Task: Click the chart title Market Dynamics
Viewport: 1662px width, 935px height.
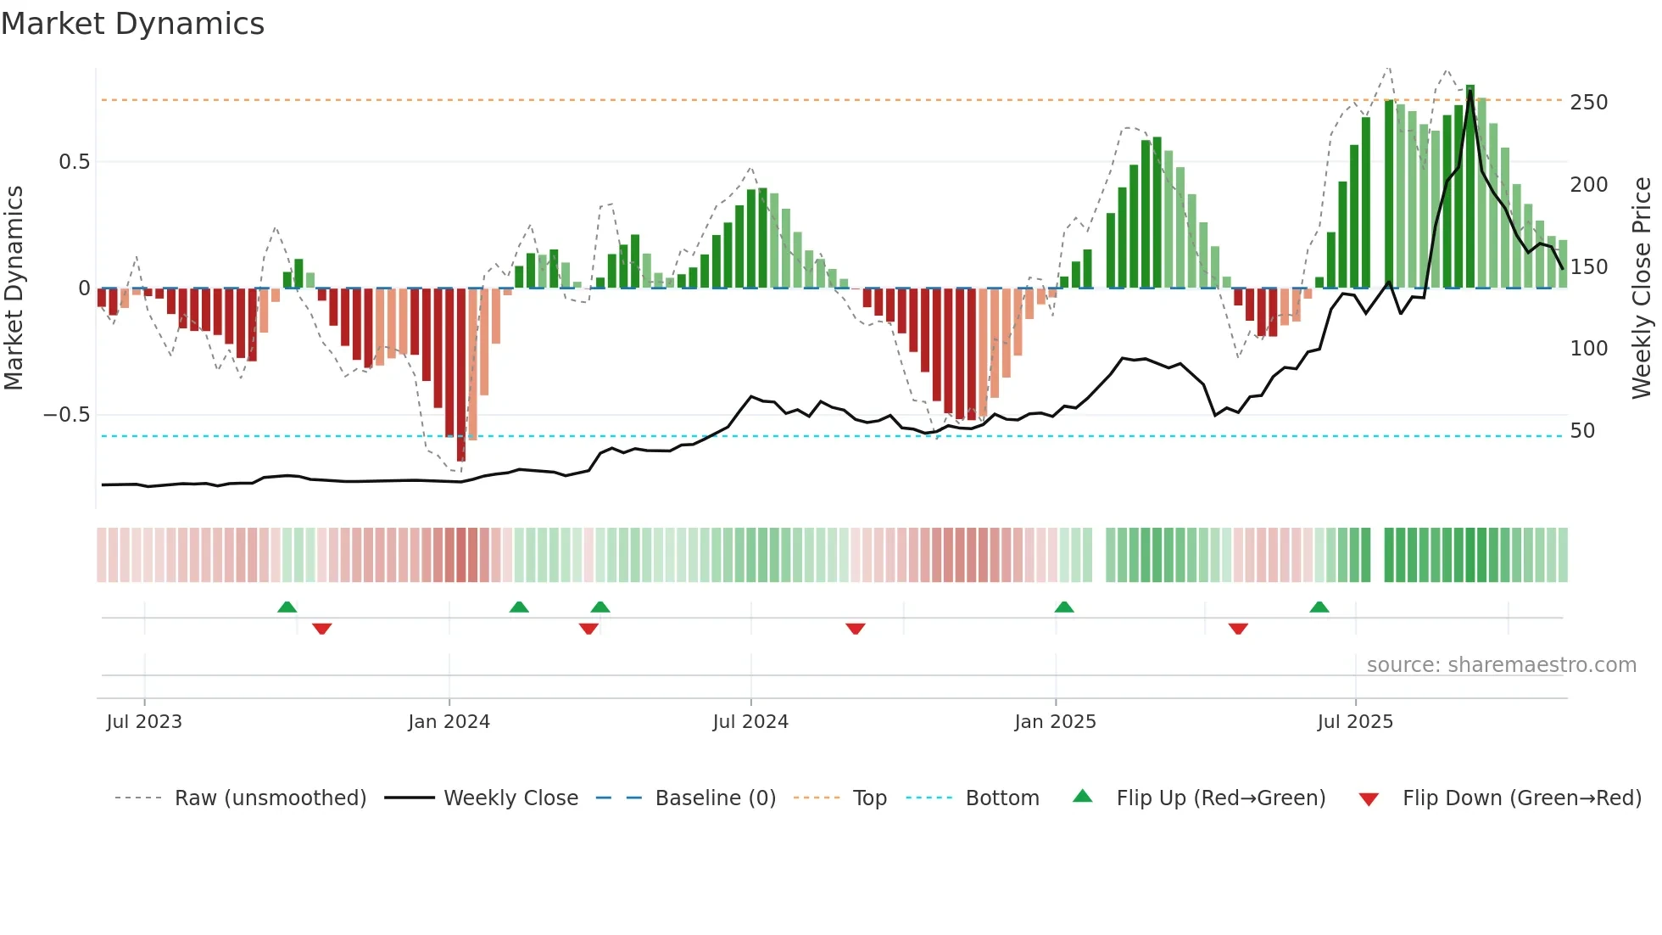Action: tap(132, 24)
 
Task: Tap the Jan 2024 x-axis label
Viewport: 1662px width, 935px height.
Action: tap(449, 722)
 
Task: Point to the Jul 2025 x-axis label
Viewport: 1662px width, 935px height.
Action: tap(1354, 722)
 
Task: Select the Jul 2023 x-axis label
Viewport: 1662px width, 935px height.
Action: tap(144, 722)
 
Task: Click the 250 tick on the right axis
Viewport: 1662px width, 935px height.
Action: tap(1588, 103)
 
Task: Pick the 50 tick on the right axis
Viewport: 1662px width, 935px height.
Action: tap(1582, 431)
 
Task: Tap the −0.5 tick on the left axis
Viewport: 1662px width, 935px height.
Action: tap(66, 415)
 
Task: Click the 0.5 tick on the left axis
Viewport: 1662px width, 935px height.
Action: tap(74, 162)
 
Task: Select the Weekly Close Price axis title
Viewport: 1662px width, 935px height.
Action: tap(1642, 288)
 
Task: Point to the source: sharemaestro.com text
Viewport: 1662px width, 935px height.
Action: tap(1501, 665)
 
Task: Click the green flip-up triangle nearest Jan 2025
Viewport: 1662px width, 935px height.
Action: tap(1064, 607)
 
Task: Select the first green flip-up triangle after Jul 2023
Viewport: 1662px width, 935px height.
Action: tap(287, 607)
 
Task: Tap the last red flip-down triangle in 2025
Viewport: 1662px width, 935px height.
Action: tap(1238, 629)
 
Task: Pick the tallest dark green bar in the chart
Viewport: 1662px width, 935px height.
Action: tap(1470, 187)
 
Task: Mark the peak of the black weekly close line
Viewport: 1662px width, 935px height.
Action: tap(1470, 92)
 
